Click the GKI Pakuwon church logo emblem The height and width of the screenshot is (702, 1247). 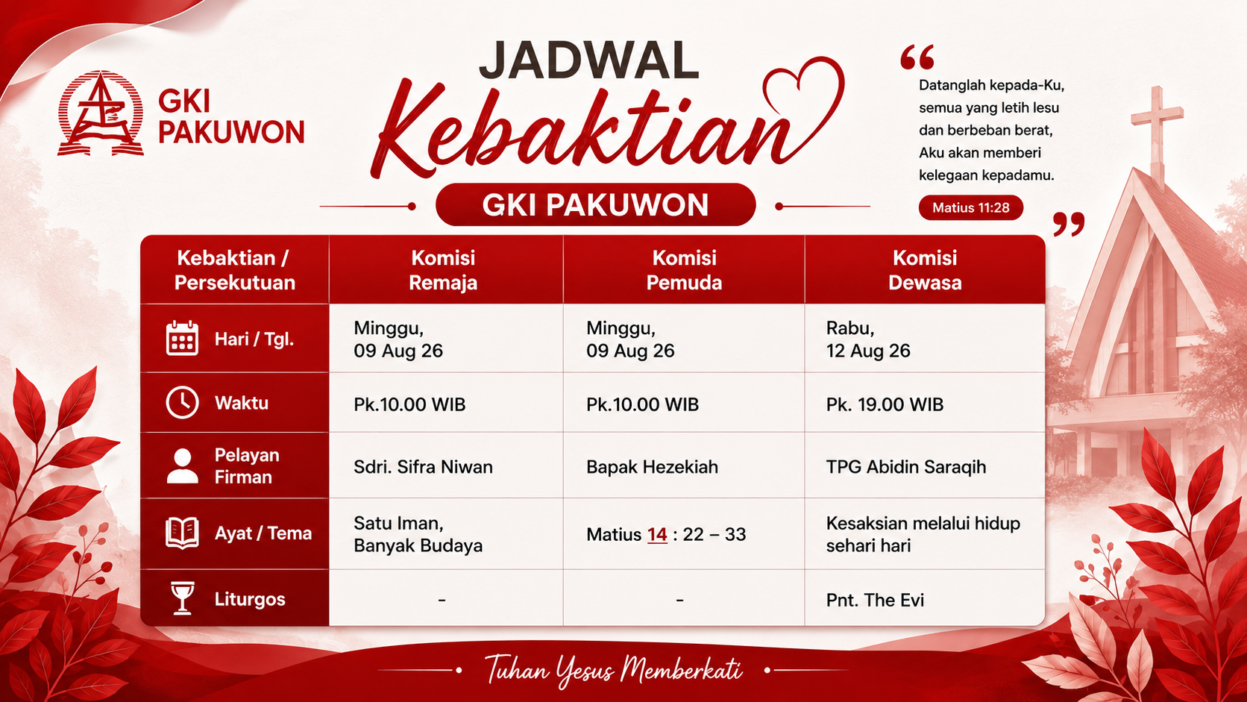pos(101,113)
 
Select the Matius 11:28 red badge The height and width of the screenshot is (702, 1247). pos(971,207)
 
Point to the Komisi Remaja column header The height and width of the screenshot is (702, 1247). pos(443,270)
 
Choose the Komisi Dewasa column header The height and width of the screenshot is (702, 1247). pos(925,270)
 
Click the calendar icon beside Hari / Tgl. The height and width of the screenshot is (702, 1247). pos(182,338)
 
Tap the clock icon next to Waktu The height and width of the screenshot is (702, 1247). pos(182,402)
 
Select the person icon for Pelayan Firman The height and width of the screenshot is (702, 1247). pos(182,466)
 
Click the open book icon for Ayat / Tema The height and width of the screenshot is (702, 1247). pos(182,533)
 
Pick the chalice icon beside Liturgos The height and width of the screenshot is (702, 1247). pos(182,598)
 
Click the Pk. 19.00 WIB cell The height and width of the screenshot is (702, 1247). pos(925,403)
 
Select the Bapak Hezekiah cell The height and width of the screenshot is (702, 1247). pos(684,466)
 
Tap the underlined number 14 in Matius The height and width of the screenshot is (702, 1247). pos(657,535)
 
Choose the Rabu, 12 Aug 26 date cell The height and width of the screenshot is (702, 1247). pos(925,339)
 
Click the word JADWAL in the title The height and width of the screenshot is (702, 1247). pos(588,60)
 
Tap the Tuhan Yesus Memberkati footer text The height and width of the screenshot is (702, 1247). pos(613,670)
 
